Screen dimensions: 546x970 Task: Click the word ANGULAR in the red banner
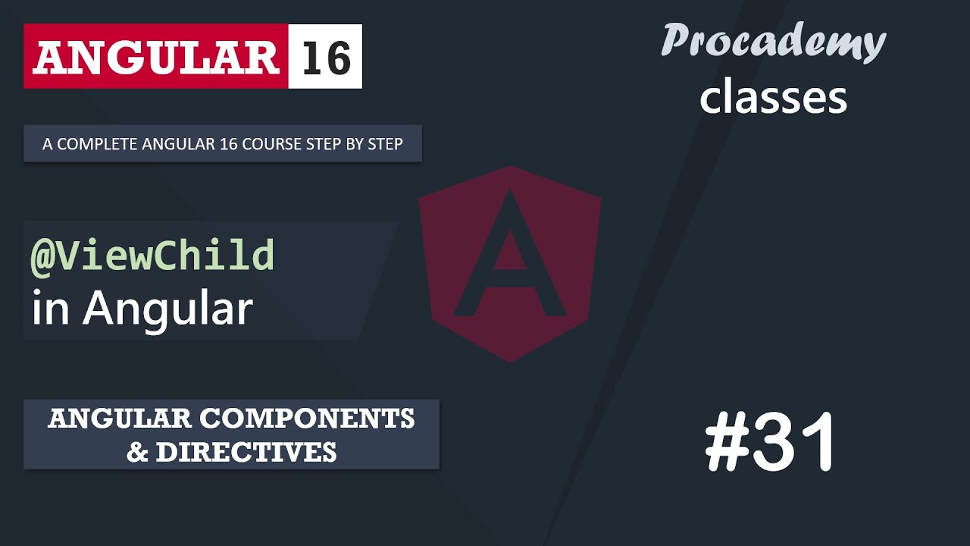point(156,57)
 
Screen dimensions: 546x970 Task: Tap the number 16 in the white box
point(326,57)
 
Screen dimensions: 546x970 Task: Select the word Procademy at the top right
point(773,41)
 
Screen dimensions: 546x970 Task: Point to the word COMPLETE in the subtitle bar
point(92,144)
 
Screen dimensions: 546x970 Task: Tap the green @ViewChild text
point(152,256)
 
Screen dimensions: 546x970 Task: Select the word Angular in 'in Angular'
point(167,309)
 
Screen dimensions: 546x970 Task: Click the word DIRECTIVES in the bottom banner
point(246,452)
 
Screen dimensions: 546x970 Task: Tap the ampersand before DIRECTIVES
point(137,452)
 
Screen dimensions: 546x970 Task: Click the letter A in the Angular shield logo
point(509,258)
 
